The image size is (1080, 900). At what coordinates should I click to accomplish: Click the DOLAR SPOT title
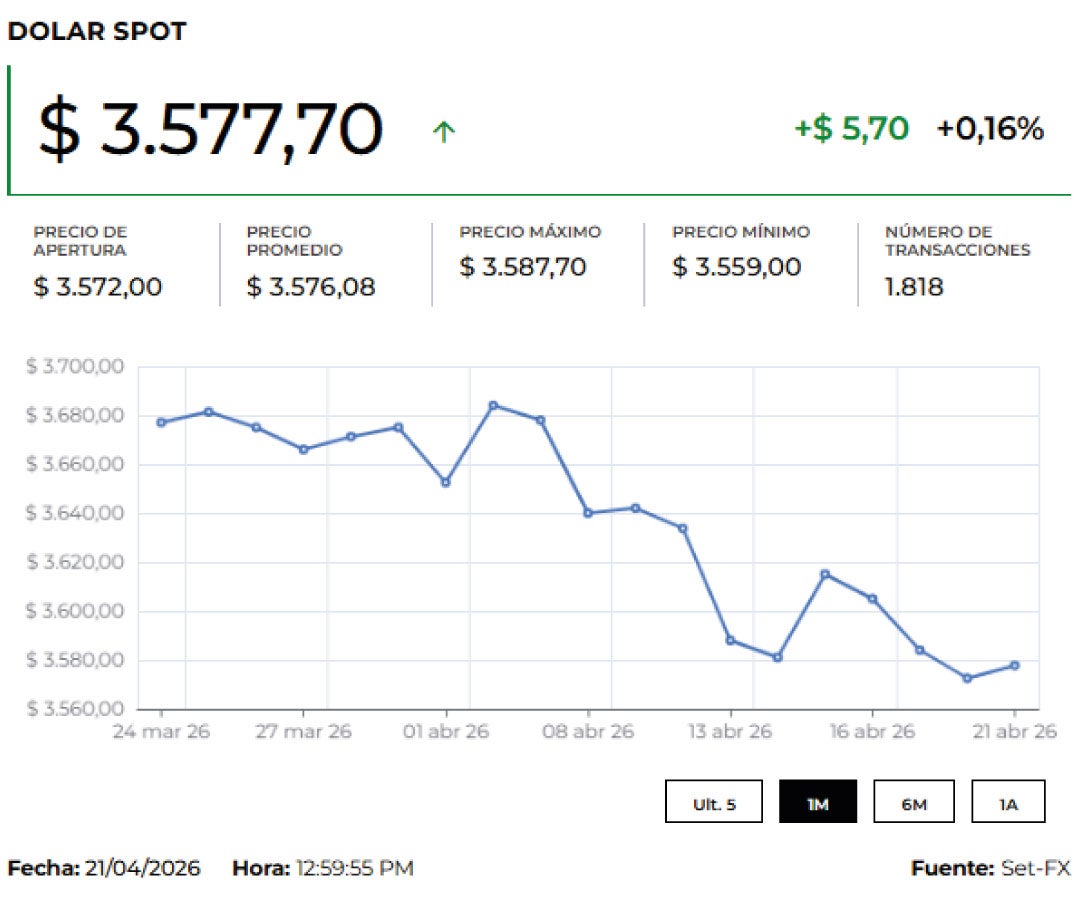96,31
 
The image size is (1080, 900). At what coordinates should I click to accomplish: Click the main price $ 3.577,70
210,129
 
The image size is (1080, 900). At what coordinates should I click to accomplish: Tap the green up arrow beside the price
444,131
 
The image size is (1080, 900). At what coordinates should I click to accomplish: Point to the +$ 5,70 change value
851,129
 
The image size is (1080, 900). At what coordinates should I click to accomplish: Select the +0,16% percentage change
990,129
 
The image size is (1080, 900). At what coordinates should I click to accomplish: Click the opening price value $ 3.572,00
98,287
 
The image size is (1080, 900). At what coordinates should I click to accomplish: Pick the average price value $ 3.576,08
311,287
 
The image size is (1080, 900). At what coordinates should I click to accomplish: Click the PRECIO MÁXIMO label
530,232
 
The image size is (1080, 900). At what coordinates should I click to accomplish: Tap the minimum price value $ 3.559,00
737,267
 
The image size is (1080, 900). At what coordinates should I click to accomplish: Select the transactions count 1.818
914,287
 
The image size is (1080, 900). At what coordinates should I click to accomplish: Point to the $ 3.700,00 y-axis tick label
74,367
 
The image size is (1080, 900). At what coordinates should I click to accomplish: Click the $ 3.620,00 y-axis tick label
74,563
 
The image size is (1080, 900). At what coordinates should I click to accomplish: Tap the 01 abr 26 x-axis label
445,732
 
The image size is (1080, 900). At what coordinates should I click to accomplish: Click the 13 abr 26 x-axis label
730,732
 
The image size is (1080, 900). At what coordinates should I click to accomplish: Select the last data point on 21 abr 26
1015,665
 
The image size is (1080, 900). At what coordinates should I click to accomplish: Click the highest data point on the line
493,405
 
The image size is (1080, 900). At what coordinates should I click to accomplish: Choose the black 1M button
818,802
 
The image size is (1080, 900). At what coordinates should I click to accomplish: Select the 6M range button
914,802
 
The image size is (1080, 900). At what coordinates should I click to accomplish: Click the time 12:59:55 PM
355,868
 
